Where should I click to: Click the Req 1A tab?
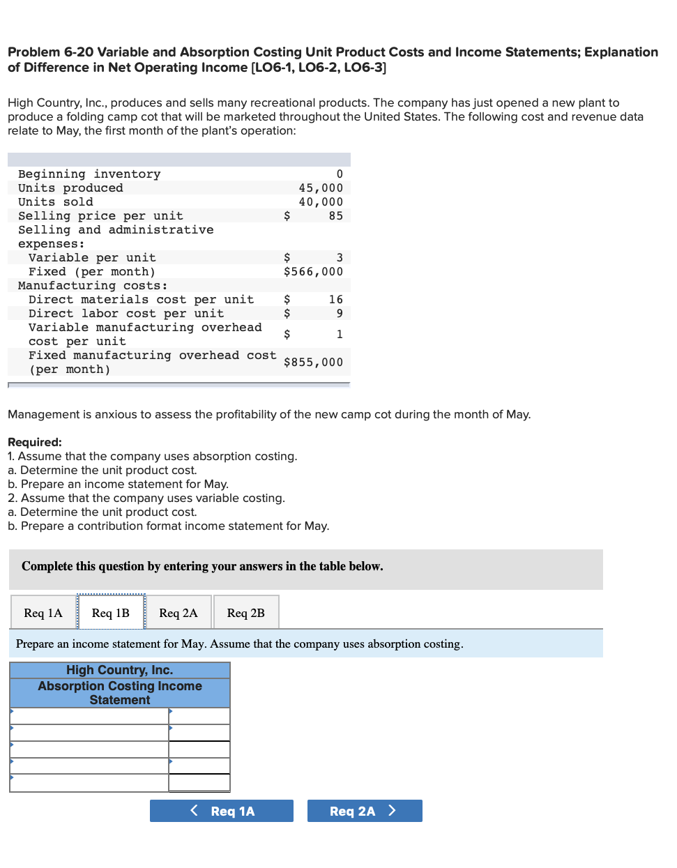point(43,613)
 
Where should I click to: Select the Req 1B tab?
point(111,613)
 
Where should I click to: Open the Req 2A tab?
point(178,613)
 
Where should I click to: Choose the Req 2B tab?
point(246,613)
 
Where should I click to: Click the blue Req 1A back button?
point(222,811)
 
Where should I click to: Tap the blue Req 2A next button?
point(364,811)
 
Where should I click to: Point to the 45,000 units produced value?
point(321,188)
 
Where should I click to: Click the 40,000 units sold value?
point(321,201)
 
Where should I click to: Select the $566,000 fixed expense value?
point(313,271)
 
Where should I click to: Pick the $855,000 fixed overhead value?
point(313,362)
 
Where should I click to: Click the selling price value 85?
point(335,215)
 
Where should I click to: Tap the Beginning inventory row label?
point(89,174)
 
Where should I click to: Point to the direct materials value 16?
point(335,299)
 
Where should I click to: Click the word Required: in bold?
point(35,442)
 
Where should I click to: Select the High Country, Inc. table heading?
point(119,670)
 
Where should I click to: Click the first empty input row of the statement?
point(89,716)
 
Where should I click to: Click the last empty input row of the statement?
point(89,783)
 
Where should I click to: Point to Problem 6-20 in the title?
point(51,52)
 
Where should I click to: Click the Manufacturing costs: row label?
point(93,285)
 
